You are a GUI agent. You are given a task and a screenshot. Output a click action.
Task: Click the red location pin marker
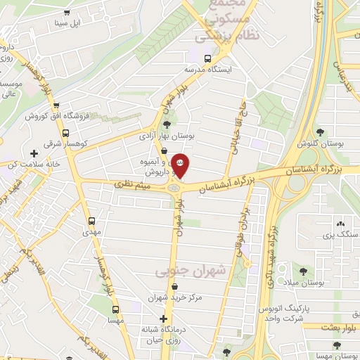[181, 165]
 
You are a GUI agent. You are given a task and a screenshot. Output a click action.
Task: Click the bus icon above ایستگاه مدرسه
[207, 58]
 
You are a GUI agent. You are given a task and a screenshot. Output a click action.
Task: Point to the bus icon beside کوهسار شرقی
[65, 131]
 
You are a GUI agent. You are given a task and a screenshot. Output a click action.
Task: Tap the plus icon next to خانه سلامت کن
[33, 153]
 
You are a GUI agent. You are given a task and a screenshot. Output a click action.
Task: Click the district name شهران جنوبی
[181, 269]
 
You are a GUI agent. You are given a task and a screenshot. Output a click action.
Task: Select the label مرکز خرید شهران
[175, 297]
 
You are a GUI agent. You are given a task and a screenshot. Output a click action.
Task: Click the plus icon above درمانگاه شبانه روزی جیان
[164, 319]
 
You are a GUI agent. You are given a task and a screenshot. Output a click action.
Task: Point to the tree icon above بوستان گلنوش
[320, 132]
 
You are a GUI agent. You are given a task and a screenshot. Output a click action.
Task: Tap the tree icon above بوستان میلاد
[304, 271]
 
